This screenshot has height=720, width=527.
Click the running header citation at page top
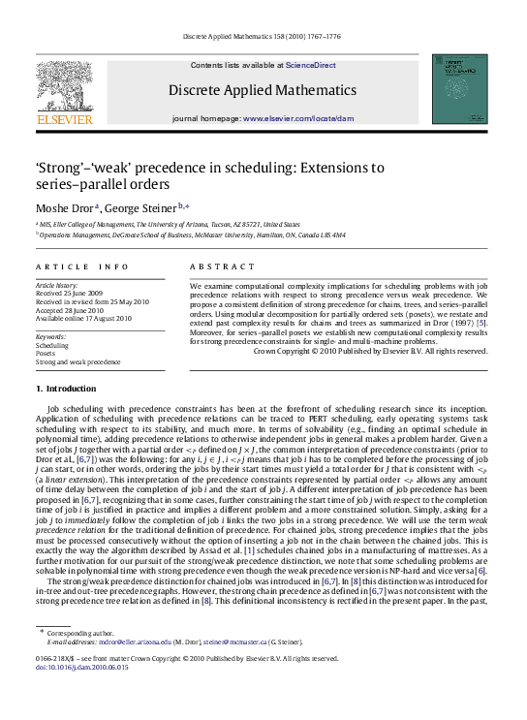pos(263,39)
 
